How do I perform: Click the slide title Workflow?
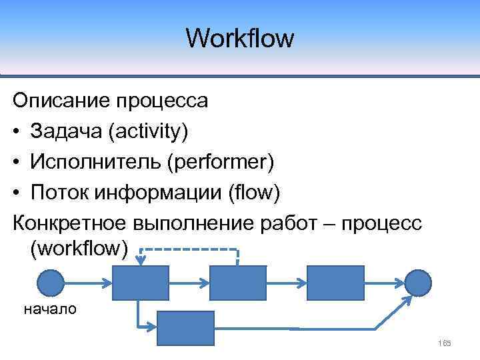(239, 38)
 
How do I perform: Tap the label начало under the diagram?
(50, 309)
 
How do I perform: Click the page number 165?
(445, 343)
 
